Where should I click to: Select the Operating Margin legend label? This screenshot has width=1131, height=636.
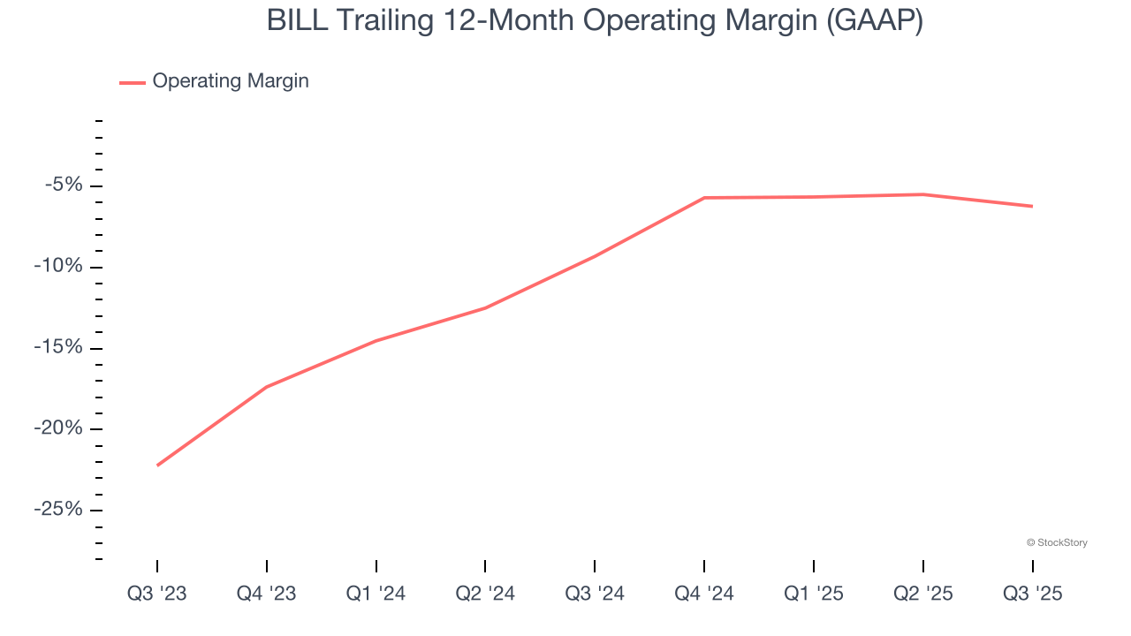pos(231,81)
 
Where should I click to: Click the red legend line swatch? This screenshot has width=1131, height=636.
pos(133,82)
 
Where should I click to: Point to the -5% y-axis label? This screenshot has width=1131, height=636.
pos(64,185)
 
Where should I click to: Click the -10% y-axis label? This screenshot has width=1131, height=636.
pos(60,267)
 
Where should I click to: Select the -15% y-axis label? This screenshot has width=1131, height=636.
pos(60,347)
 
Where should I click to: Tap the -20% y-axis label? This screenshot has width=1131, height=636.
pos(60,428)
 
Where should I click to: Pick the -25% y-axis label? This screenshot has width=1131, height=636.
pos(60,510)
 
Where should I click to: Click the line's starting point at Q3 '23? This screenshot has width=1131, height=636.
pos(157,465)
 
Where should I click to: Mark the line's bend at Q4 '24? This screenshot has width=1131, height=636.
pos(704,198)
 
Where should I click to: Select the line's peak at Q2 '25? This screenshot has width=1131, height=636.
pos(922,194)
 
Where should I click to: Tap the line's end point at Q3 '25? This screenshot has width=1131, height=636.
pos(1032,207)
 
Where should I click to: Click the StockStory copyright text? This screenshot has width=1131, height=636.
pos(1057,542)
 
